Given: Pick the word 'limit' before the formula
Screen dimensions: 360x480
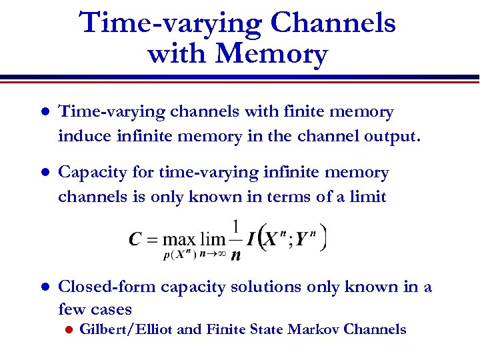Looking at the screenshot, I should click(x=367, y=197).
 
